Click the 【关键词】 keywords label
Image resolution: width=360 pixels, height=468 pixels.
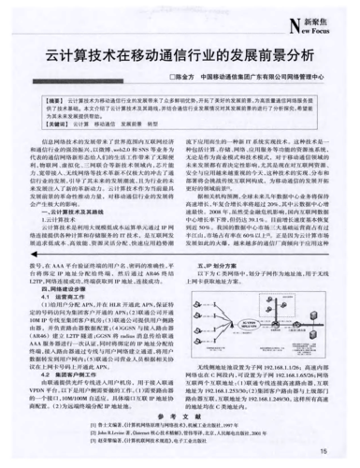coord(53,121)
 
